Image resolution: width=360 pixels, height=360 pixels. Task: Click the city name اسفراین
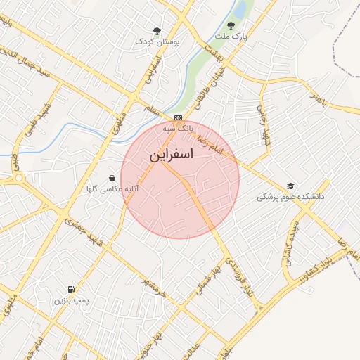(171, 156)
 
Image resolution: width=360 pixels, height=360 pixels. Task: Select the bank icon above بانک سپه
(179, 117)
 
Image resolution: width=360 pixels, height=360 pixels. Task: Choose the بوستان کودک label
(158, 42)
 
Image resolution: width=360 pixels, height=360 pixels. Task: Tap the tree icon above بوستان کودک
(157, 30)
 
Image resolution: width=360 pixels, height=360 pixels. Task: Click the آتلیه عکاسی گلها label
(112, 190)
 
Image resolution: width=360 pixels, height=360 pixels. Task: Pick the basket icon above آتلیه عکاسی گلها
(112, 179)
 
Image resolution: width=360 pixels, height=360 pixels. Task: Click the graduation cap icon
(290, 186)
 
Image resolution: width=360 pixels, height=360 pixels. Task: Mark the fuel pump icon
(71, 289)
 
